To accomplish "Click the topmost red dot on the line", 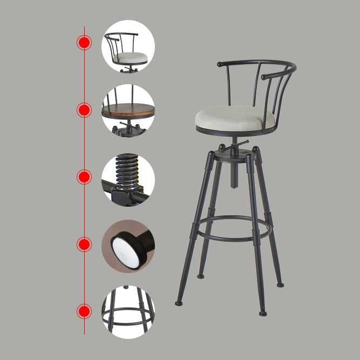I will (84, 43).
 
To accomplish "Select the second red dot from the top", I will (84, 111).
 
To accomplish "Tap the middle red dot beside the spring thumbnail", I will (84, 177).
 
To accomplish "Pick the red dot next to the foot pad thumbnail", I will (84, 244).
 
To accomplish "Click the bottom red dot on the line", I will (84, 311).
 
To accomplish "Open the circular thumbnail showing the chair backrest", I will (128, 46).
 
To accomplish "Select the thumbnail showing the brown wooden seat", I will (128, 111).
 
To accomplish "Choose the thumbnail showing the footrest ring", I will (128, 313).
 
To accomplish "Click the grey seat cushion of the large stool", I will (234, 116).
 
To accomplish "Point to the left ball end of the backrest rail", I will (220, 64).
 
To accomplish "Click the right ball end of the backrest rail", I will (264, 77).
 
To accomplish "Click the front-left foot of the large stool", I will (179, 303).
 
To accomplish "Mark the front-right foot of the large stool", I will (263, 313).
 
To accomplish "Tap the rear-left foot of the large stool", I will (201, 276).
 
